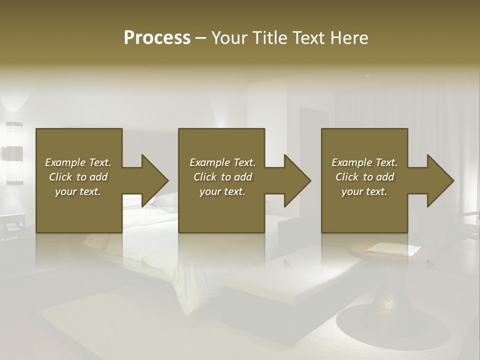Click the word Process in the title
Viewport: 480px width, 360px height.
coord(157,38)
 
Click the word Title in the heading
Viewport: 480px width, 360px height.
coord(270,38)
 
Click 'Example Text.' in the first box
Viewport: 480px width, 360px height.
coord(78,162)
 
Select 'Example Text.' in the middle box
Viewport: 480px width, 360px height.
coord(222,162)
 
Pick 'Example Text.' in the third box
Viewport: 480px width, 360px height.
coord(364,162)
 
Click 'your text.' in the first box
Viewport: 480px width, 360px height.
coord(78,191)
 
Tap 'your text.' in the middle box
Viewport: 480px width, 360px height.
coord(222,191)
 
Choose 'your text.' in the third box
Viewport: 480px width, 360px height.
coord(364,191)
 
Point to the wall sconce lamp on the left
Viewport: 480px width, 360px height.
coord(13,153)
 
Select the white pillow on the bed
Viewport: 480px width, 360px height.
coord(165,200)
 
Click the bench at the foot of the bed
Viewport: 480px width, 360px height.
coord(270,285)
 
